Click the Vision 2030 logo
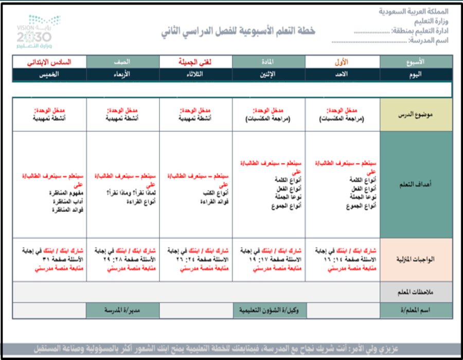pyautogui.click(x=34, y=31)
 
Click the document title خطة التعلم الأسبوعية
pyautogui.click(x=237, y=31)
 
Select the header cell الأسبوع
pyautogui.click(x=416, y=62)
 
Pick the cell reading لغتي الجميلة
pyautogui.click(x=195, y=62)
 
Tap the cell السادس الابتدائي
pyautogui.click(x=49, y=62)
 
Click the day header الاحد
pyautogui.click(x=342, y=74)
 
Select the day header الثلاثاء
pyautogui.click(x=195, y=74)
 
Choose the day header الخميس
pyautogui.click(x=49, y=74)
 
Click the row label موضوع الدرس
pyautogui.click(x=416, y=114)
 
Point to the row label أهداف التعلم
pyautogui.click(x=416, y=184)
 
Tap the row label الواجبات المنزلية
pyautogui.click(x=416, y=259)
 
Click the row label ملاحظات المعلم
pyautogui.click(x=416, y=292)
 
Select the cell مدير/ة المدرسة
pyautogui.click(x=122, y=311)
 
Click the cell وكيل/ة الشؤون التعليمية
pyautogui.click(x=269, y=311)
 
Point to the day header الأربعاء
pyautogui.click(x=122, y=74)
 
